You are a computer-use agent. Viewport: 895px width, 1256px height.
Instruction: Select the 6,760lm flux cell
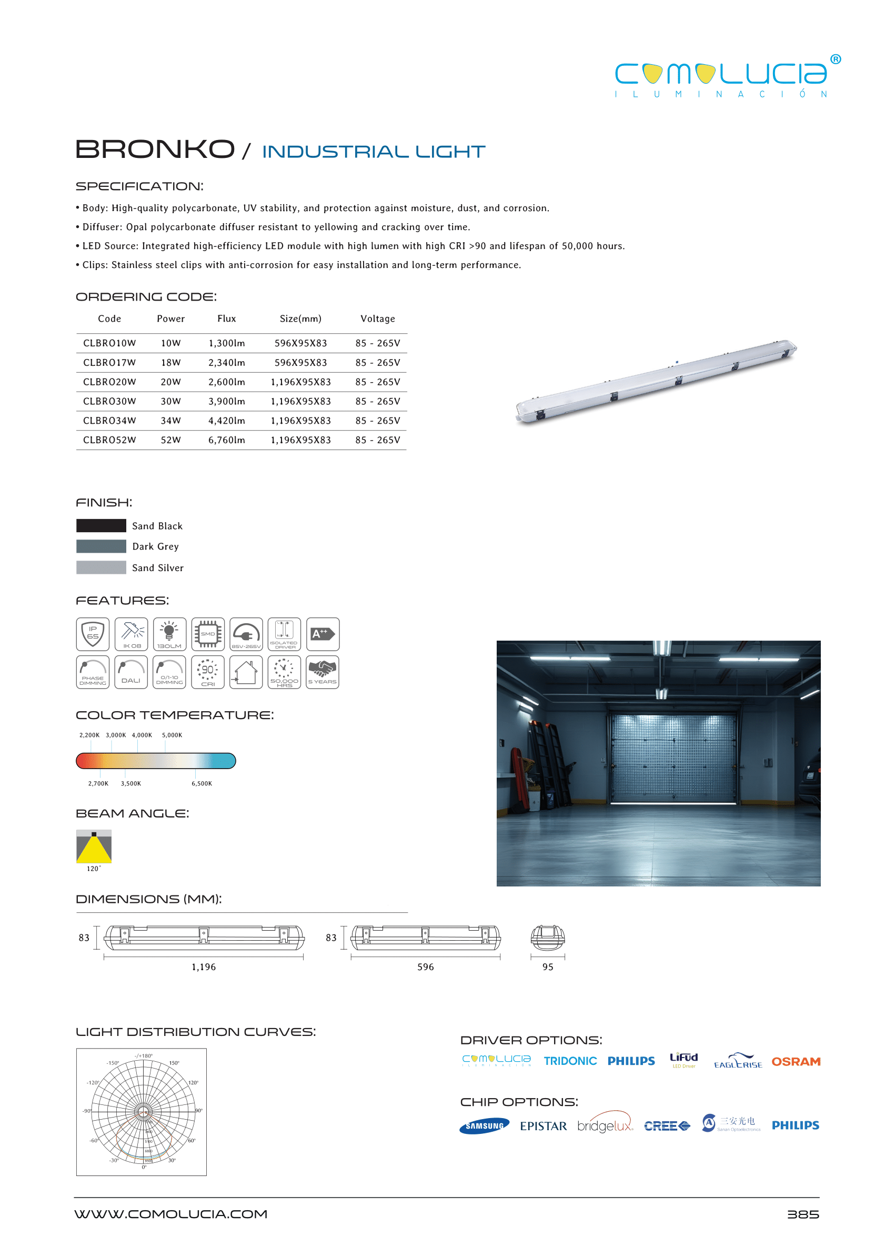(x=226, y=440)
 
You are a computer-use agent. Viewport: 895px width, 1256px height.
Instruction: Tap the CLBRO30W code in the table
(x=109, y=402)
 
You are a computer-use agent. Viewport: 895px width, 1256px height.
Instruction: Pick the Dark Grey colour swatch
(x=101, y=546)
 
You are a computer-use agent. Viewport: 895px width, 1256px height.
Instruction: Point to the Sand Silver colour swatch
(x=101, y=567)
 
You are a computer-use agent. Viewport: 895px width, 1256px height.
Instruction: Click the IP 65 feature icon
(x=93, y=634)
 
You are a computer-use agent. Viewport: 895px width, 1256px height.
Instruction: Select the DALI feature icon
(x=131, y=672)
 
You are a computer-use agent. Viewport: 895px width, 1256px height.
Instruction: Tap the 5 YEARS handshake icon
(x=323, y=672)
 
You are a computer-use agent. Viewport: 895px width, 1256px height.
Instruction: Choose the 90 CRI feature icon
(x=208, y=672)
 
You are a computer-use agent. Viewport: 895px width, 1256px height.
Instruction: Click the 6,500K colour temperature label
(x=202, y=783)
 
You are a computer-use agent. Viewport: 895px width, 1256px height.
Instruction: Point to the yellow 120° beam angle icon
(x=94, y=846)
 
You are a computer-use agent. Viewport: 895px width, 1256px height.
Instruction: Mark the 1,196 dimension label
(x=203, y=967)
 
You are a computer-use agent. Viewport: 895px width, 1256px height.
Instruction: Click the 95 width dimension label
(x=548, y=967)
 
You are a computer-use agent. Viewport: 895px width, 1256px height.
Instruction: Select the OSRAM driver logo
(x=796, y=1062)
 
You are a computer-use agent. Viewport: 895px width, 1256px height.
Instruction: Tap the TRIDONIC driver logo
(x=570, y=1061)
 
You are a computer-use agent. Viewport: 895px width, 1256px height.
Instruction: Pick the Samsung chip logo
(x=485, y=1126)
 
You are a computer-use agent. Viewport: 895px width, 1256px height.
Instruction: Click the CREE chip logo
(x=667, y=1126)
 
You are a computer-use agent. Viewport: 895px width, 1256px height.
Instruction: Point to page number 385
(x=803, y=1214)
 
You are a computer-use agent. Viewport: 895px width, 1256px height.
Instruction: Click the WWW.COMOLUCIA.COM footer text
(x=171, y=1214)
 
